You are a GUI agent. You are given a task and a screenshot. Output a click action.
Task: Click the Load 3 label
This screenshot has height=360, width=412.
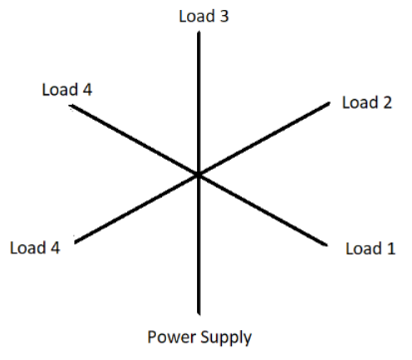204,16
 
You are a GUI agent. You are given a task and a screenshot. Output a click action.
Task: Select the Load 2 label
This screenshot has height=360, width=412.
367,102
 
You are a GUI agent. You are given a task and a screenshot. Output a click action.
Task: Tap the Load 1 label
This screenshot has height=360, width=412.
370,249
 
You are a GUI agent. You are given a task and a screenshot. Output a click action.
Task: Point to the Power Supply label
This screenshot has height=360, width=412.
199,338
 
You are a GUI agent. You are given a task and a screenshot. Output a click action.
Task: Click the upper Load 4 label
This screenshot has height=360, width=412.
67,90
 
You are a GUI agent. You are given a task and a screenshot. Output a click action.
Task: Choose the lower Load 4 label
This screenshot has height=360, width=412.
35,248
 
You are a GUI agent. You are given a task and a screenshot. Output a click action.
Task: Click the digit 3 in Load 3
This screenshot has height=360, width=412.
224,16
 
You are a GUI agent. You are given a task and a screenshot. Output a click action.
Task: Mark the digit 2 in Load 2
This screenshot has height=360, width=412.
388,102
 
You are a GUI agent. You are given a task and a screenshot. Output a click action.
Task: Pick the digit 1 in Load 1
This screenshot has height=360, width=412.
391,249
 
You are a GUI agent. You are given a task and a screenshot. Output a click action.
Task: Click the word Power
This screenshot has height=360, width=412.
171,337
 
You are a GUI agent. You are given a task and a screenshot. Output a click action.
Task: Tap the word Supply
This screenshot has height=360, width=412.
226,338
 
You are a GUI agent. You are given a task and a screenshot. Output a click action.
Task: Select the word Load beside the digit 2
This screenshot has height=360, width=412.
360,102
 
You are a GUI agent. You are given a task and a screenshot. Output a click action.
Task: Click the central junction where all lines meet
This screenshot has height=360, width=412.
199,175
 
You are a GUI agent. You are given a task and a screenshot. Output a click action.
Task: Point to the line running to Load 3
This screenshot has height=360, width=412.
199,103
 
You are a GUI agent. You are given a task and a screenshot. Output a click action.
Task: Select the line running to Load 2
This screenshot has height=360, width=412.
264,139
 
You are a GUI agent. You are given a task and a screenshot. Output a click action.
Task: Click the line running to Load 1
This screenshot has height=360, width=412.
262,210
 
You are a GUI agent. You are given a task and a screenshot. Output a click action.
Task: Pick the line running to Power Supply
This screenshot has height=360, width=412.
199,245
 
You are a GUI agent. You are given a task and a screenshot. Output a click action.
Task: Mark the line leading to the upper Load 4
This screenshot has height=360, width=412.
134,140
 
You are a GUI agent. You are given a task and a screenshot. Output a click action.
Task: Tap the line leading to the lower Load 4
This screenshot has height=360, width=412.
136,210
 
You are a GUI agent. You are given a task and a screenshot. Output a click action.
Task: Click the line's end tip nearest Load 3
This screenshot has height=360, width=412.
199,32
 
